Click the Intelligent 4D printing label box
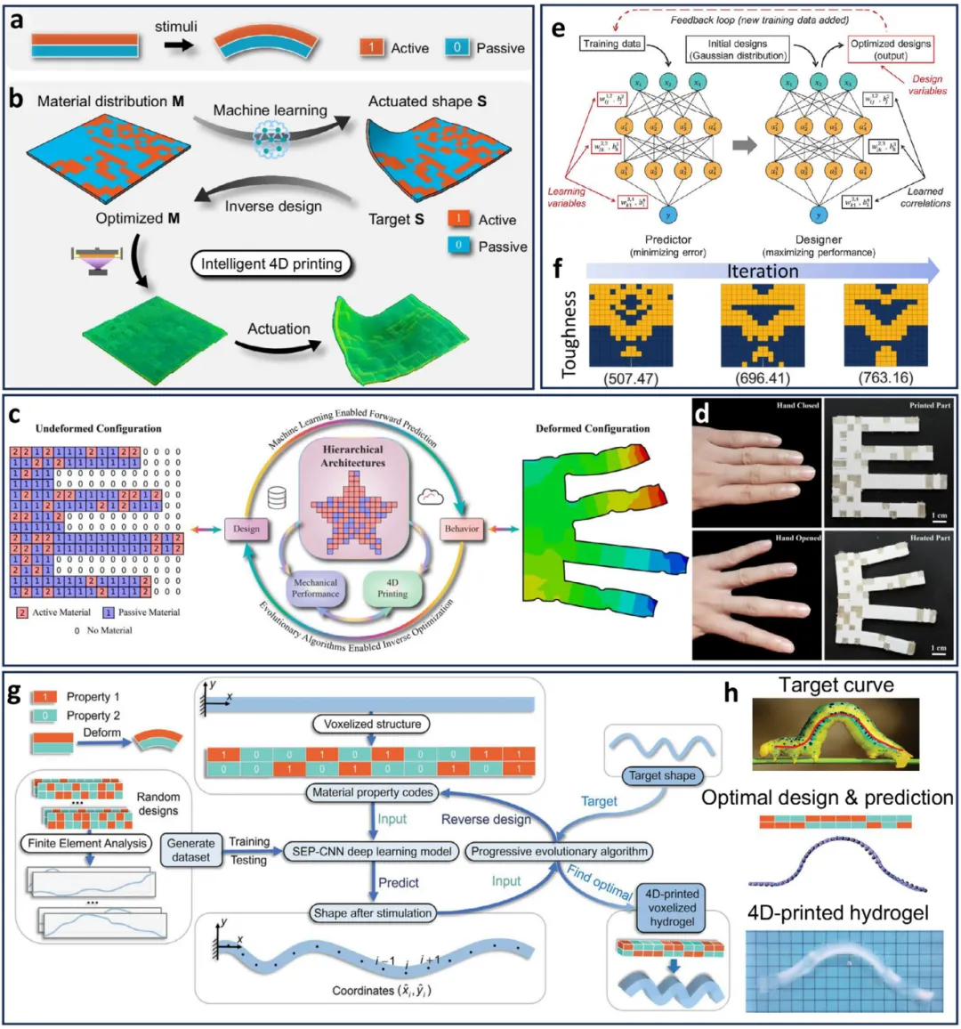[x=271, y=264]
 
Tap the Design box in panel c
[x=246, y=529]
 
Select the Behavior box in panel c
[x=462, y=529]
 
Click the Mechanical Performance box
[x=315, y=588]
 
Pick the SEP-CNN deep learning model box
[x=372, y=851]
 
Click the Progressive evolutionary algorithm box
[x=559, y=851]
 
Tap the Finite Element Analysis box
[x=87, y=843]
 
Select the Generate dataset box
[x=191, y=849]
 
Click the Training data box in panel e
[x=612, y=44]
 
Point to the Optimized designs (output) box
[x=891, y=49]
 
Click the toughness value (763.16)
[x=885, y=377]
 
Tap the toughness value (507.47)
[x=630, y=377]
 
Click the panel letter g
[x=14, y=693]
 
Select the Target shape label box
[x=662, y=775]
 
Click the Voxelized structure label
[x=372, y=724]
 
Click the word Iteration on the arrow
[x=763, y=271]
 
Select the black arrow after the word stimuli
[x=179, y=44]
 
